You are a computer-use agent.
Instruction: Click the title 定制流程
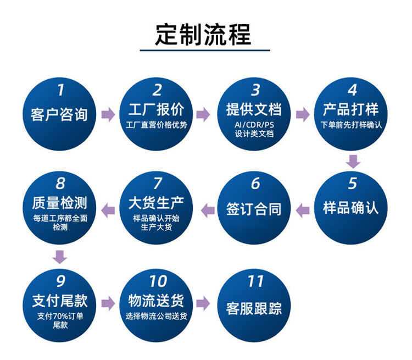tap(203, 35)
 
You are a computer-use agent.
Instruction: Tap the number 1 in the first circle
tap(60, 90)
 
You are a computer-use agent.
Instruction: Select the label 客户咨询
tap(59, 114)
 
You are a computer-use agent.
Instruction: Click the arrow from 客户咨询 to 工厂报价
tap(108, 115)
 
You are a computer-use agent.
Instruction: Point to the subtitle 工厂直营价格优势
tap(157, 125)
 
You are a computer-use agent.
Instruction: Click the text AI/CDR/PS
tap(254, 125)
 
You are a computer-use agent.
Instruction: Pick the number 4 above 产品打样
tap(352, 90)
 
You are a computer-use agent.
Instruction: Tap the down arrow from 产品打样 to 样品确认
tap(353, 162)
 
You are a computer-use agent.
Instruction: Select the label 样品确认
tap(351, 208)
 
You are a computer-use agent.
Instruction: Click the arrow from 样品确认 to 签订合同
tap(303, 211)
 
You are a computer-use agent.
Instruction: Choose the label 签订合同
tap(254, 209)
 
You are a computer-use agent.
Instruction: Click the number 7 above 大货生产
tap(158, 183)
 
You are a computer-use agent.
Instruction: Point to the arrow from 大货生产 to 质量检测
tap(108, 211)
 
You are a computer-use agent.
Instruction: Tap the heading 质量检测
tap(60, 203)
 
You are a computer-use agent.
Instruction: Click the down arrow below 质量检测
tap(60, 257)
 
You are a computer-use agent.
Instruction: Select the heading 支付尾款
tap(60, 301)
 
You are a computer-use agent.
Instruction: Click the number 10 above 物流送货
tap(158, 281)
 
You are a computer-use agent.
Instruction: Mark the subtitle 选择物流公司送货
tap(157, 316)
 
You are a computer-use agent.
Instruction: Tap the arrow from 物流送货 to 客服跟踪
tap(203, 303)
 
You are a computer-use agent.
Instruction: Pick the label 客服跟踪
tap(254, 308)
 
